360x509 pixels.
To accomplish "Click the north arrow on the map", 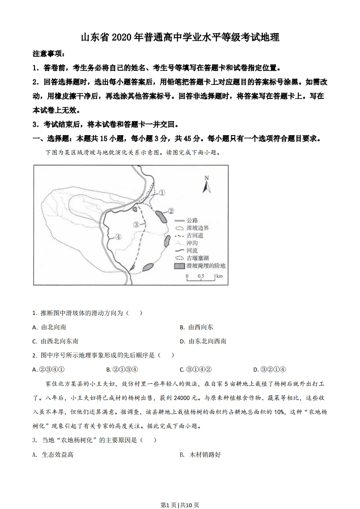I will [x=206, y=184].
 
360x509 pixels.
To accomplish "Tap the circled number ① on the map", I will [x=162, y=192].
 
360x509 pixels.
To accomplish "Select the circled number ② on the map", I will [x=171, y=211].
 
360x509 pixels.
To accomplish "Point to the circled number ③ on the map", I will [x=136, y=224].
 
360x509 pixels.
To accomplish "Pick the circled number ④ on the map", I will [x=118, y=236].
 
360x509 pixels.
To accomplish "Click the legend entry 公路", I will [x=192, y=220].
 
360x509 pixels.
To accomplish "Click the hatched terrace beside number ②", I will [x=161, y=215].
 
